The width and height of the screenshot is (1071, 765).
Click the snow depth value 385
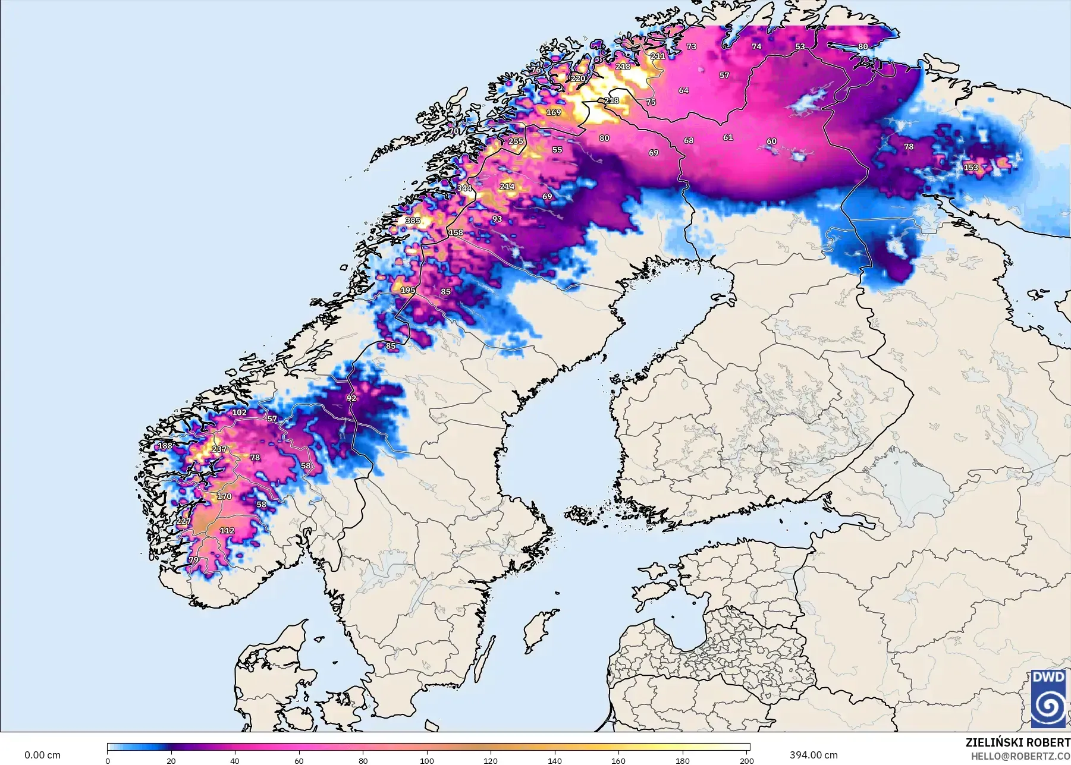tap(413, 221)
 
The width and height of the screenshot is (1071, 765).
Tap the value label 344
tap(464, 188)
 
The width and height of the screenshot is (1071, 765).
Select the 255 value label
tap(516, 141)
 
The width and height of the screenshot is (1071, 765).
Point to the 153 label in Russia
tap(971, 168)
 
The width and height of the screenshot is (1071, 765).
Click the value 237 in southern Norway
tap(219, 449)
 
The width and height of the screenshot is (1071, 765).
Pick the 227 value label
tap(184, 521)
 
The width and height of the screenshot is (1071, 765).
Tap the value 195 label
tap(408, 290)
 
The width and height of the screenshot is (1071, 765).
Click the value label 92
tap(351, 398)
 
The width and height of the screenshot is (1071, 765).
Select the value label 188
tap(165, 446)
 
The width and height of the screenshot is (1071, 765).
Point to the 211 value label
tap(658, 56)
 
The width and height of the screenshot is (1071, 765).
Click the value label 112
tap(227, 531)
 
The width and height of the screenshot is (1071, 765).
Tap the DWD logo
tap(1048, 698)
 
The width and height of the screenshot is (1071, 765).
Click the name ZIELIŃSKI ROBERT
tap(1017, 742)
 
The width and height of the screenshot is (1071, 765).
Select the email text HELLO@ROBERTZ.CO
tap(1020, 757)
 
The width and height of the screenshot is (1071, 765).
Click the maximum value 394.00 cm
tap(813, 755)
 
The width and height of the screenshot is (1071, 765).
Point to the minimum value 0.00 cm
tap(42, 755)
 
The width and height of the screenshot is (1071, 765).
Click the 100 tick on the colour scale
tap(427, 760)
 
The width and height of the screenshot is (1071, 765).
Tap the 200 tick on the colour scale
tap(746, 760)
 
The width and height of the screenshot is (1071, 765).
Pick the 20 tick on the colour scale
tap(171, 760)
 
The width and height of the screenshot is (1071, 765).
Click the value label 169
tap(554, 112)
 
